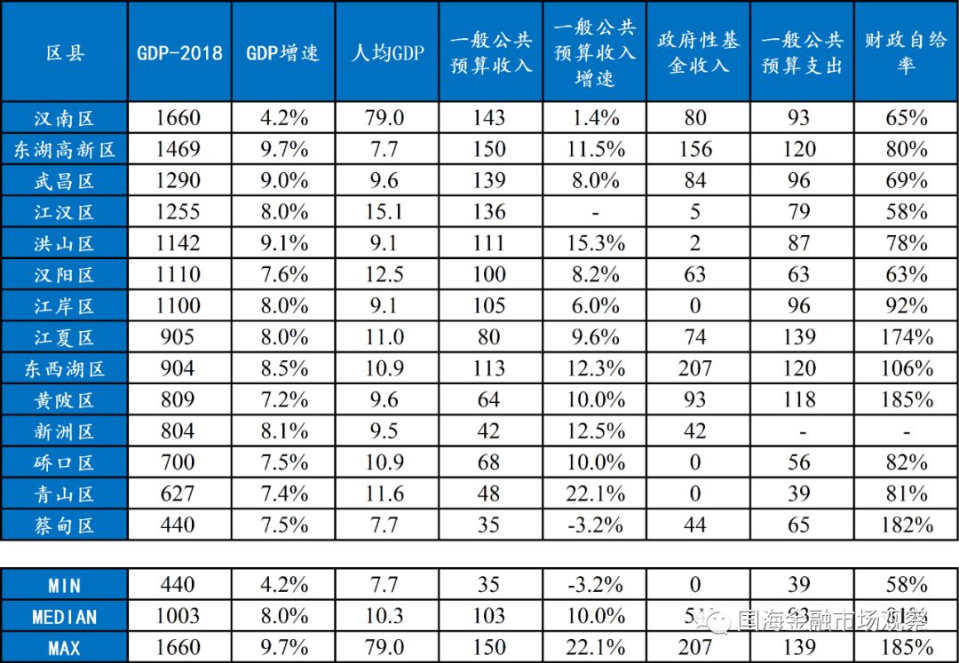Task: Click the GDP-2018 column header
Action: [x=179, y=52]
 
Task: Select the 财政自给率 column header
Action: [x=906, y=52]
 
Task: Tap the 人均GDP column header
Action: [x=386, y=52]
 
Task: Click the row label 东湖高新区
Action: [x=64, y=149]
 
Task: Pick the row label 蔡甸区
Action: [x=64, y=525]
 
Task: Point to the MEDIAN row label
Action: [x=64, y=616]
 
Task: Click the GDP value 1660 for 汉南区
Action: [x=179, y=117]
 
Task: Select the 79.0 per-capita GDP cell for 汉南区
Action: [x=386, y=117]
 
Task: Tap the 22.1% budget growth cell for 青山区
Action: [x=594, y=493]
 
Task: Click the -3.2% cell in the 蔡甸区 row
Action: [x=594, y=525]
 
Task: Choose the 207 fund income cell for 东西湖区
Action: [x=695, y=368]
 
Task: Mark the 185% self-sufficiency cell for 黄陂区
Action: [x=906, y=399]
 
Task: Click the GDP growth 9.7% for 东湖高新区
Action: [x=283, y=149]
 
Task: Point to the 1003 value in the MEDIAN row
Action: [x=179, y=616]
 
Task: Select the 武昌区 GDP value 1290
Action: [x=179, y=180]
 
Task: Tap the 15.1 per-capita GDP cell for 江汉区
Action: [x=386, y=212]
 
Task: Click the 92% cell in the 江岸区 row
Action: [x=906, y=306]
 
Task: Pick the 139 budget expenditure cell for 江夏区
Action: [x=799, y=337]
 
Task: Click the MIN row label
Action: [x=64, y=585]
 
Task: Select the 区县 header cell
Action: [x=64, y=52]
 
